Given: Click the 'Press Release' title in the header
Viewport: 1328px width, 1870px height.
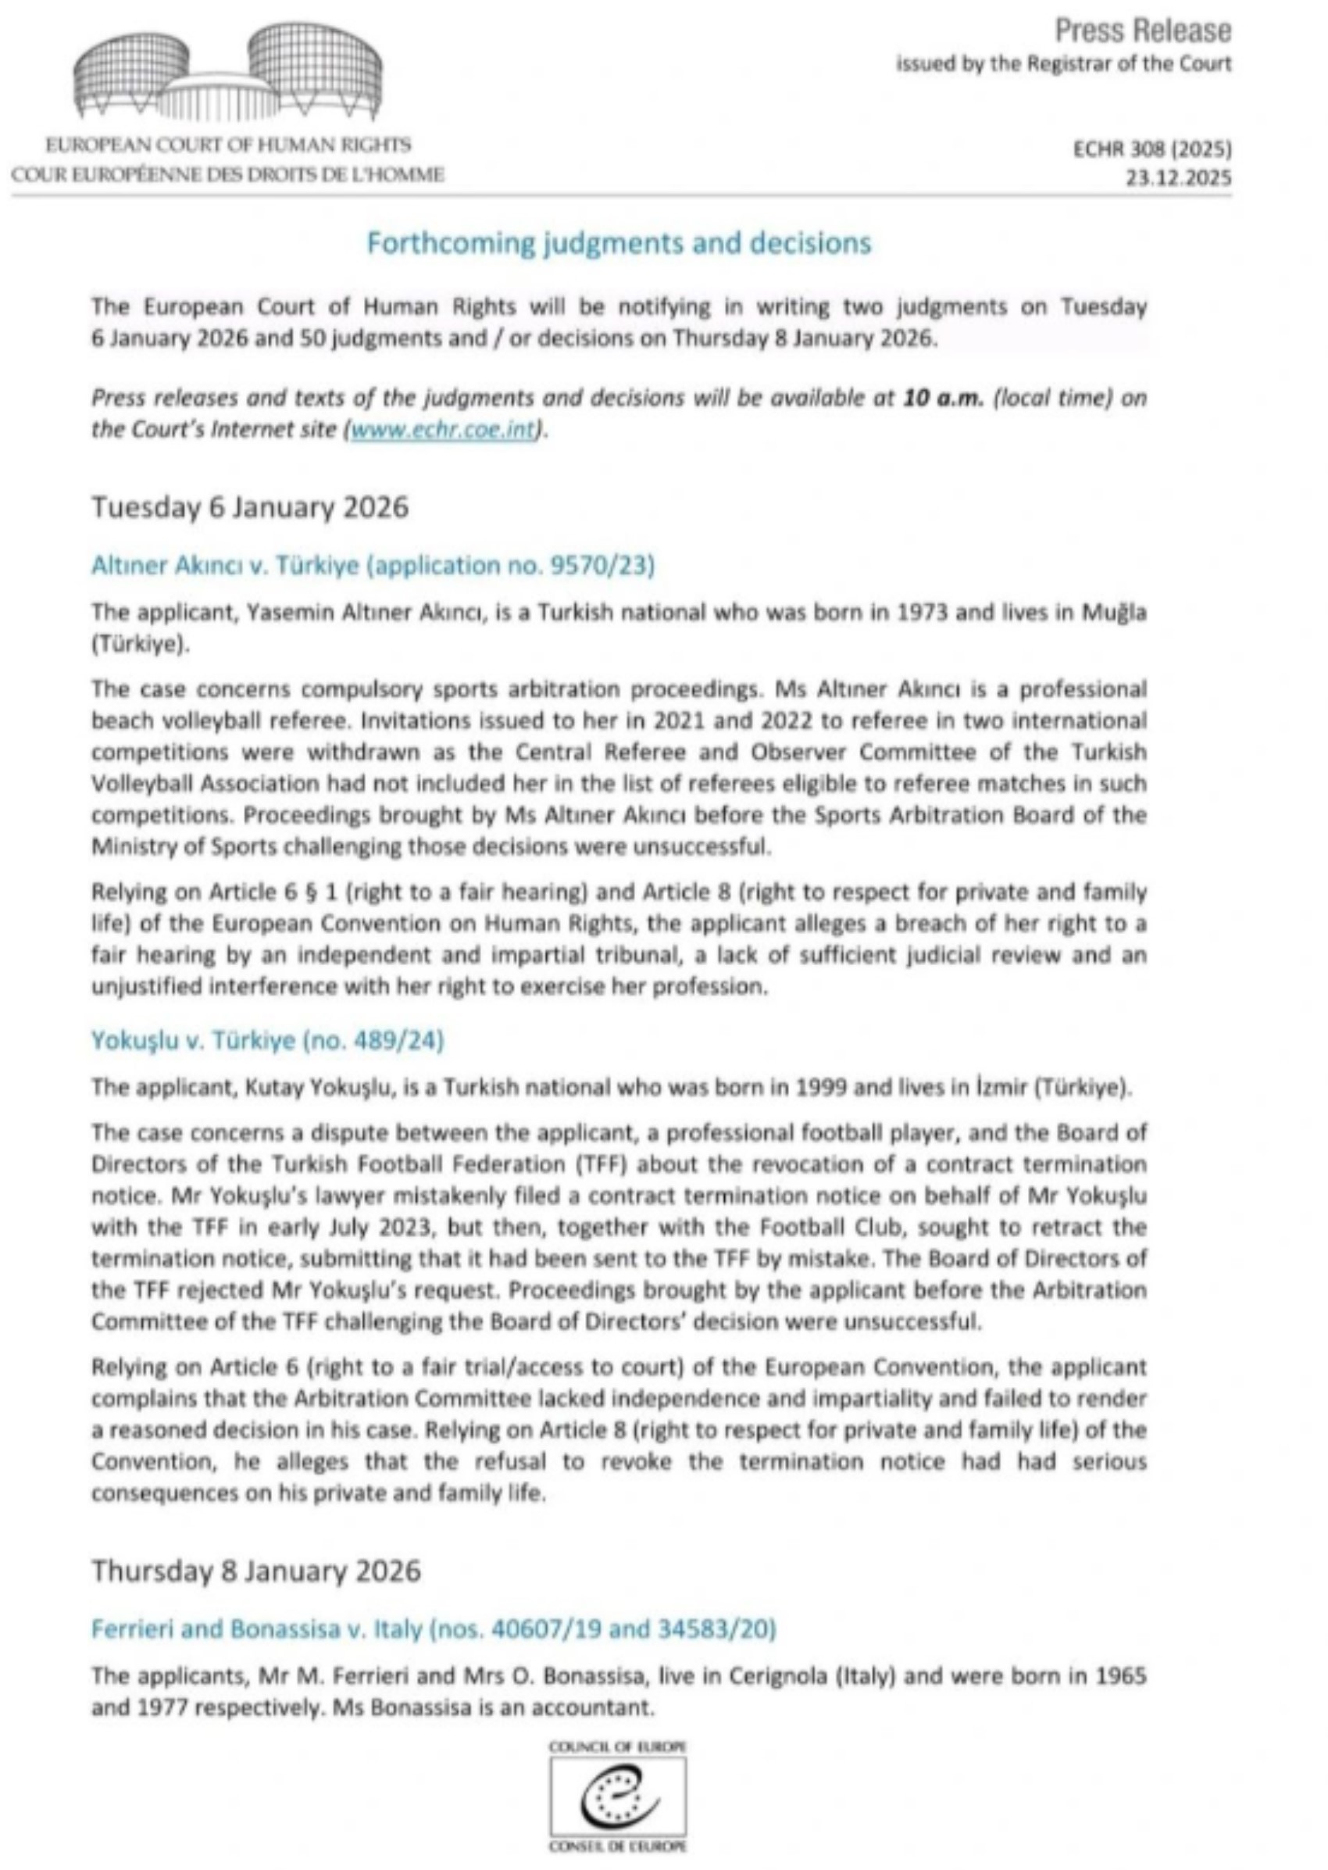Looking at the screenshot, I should click(x=1142, y=31).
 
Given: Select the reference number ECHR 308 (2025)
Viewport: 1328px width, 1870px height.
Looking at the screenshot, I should click(x=1152, y=150).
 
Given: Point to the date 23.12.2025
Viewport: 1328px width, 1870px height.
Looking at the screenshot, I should click(x=1178, y=178).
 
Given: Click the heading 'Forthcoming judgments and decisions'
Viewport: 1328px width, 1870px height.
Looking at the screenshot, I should click(x=619, y=243).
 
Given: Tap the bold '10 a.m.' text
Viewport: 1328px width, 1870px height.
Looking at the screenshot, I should click(x=943, y=399).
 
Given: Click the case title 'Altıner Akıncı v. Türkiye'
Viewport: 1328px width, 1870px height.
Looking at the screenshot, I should click(x=373, y=566).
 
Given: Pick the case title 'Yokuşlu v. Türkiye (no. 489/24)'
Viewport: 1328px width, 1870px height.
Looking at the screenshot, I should click(x=267, y=1041).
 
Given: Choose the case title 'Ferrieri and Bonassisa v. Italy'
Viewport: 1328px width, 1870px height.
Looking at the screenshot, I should click(x=433, y=1629).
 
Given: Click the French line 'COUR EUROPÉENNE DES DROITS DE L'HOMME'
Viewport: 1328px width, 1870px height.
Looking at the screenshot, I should click(x=228, y=174).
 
